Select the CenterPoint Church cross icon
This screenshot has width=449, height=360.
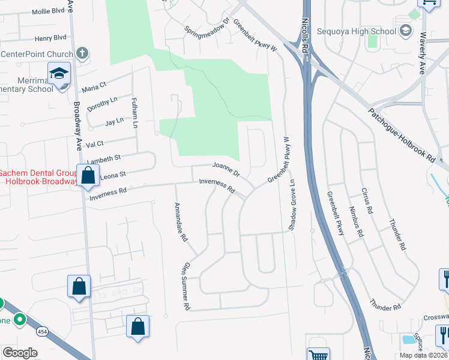tap(82, 54)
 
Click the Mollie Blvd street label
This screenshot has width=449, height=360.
tap(50, 11)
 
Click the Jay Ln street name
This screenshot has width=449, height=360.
tap(113, 121)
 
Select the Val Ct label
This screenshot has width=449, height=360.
tap(95, 144)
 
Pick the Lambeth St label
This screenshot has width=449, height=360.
tap(103, 158)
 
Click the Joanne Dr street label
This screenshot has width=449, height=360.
tap(226, 169)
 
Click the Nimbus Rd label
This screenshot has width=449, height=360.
tap(357, 221)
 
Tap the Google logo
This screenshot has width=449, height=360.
tap(20, 352)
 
